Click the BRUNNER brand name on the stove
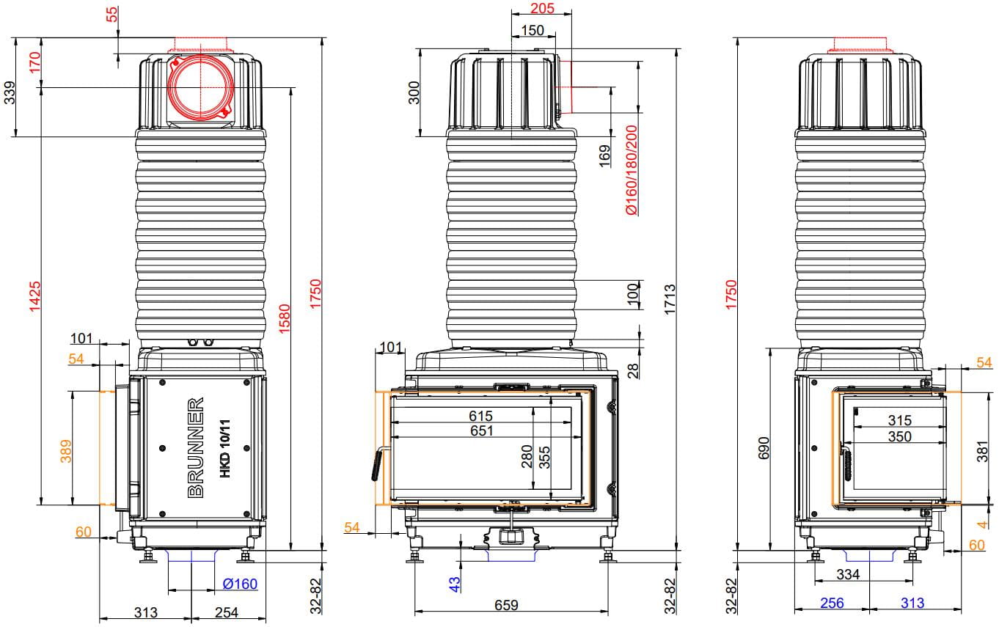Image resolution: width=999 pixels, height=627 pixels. click(196, 447)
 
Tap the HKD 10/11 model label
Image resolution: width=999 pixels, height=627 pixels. click(226, 448)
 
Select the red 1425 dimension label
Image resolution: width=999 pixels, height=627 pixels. click(34, 296)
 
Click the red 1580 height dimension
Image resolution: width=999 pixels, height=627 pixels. click(285, 318)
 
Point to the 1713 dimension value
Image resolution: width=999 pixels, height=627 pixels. click(670, 300)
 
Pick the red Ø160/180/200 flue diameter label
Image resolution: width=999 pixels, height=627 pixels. click(632, 170)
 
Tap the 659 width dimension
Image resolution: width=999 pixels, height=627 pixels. click(506, 605)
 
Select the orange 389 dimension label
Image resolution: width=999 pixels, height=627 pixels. click(65, 451)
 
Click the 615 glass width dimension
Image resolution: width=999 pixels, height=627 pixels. click(480, 416)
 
